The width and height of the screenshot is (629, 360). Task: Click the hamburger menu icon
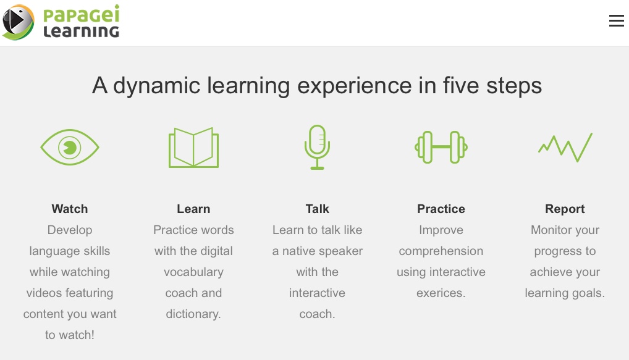tap(616, 21)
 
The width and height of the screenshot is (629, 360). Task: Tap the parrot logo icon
tap(18, 22)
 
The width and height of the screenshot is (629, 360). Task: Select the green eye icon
tap(70, 147)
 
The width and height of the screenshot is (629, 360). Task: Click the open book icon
tap(194, 148)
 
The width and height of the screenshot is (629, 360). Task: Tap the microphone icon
tap(318, 147)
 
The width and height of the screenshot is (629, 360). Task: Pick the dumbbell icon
tap(441, 147)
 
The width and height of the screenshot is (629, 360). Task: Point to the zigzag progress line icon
tap(565, 148)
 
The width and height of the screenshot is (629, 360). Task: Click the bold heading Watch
tap(70, 209)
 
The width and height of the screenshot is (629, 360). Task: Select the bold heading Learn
tap(193, 209)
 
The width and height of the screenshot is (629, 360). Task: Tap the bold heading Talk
tap(318, 209)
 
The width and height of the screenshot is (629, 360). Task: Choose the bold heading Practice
tap(441, 209)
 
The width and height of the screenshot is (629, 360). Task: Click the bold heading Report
tap(565, 209)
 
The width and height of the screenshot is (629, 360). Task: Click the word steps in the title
tap(514, 86)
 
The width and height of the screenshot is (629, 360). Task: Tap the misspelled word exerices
tap(441, 293)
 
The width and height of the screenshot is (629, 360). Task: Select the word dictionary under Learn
tap(193, 314)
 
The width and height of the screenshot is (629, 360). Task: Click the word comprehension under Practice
tap(441, 251)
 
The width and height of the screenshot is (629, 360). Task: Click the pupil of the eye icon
tap(70, 148)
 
